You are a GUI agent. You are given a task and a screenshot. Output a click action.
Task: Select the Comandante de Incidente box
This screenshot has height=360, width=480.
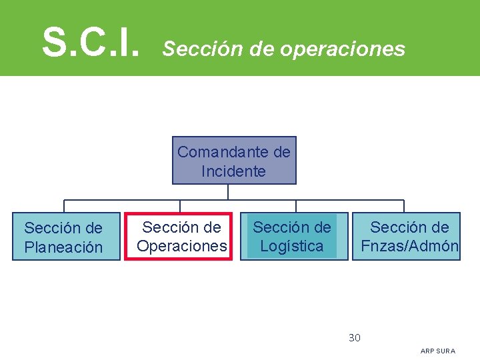[x=234, y=161]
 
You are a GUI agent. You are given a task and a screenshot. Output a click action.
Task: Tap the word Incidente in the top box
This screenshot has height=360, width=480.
[x=233, y=171]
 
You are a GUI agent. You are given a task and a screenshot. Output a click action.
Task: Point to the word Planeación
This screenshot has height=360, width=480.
[x=63, y=247]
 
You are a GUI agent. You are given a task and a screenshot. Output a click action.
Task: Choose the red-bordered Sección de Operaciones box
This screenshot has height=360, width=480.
[x=179, y=236]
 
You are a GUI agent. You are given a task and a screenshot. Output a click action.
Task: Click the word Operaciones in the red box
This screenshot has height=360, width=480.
[x=181, y=246]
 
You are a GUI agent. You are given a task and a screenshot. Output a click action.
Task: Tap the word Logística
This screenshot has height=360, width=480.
[x=292, y=246]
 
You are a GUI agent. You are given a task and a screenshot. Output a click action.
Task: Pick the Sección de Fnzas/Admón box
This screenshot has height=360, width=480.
[x=406, y=236]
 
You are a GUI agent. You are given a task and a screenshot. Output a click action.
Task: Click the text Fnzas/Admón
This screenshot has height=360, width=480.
[x=409, y=246]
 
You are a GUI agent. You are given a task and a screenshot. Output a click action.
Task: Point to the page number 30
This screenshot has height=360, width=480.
[x=355, y=338]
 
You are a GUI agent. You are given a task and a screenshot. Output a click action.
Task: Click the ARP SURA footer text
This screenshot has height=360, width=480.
[x=438, y=351]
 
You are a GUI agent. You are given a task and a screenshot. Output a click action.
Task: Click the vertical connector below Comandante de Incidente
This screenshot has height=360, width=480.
[x=228, y=191]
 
